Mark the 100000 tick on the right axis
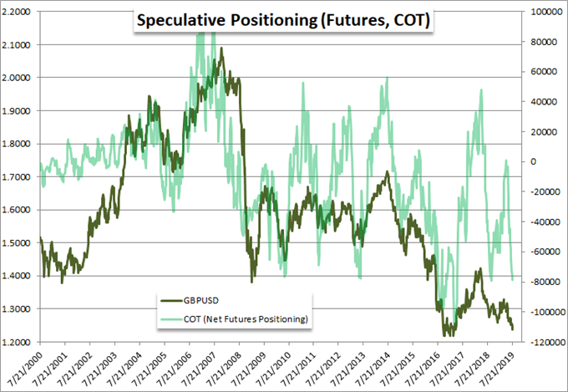click(541, 12)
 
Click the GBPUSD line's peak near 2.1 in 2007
click(221, 48)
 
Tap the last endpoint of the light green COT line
click(512, 279)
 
